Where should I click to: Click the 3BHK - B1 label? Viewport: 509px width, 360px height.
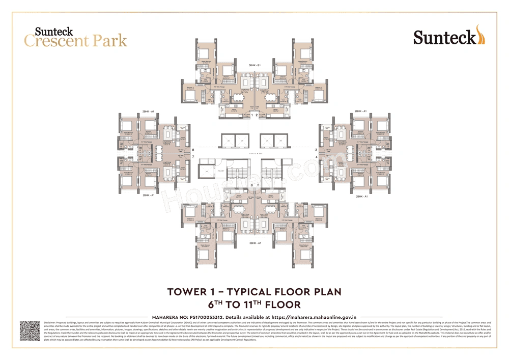254,65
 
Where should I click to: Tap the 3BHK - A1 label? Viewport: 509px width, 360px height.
254,243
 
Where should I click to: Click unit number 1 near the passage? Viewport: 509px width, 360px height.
251,116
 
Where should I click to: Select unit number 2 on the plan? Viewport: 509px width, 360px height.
258,116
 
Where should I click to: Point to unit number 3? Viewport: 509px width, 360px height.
316,150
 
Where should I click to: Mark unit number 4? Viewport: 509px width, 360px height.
316,157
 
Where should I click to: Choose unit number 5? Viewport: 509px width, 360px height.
258,185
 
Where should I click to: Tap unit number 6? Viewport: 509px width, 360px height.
251,185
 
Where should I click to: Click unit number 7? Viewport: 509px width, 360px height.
193,157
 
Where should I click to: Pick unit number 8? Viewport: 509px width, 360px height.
193,150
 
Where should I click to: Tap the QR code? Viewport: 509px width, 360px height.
30,330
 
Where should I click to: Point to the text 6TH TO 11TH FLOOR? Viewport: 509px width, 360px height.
254,304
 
